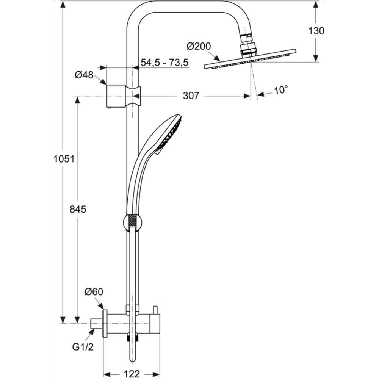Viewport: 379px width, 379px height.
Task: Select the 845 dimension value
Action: point(78,209)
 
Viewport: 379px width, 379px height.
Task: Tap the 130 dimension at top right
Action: point(316,31)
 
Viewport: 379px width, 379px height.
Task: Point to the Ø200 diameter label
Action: point(199,46)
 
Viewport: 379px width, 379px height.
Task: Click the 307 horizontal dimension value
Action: point(191,96)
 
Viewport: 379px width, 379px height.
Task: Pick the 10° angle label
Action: point(281,90)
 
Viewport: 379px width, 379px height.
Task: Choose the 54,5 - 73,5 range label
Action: point(164,63)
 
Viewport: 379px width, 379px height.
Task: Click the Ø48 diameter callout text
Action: point(84,75)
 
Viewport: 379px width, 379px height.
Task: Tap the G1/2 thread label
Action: point(83,346)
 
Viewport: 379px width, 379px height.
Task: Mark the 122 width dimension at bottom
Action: point(132,374)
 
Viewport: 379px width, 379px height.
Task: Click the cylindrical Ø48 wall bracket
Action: point(115,96)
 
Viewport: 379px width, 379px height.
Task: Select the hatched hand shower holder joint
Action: point(132,222)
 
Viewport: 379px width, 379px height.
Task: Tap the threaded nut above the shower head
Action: point(248,49)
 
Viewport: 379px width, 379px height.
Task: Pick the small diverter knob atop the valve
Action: point(155,310)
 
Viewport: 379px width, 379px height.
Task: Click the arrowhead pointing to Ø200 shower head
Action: point(218,60)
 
